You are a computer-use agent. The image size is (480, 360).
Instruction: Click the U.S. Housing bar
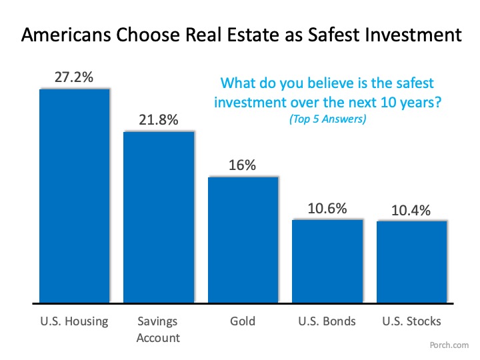[x=74, y=195]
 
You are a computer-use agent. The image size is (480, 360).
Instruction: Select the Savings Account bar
[x=159, y=217]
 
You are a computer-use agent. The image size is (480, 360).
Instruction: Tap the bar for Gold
[x=243, y=239]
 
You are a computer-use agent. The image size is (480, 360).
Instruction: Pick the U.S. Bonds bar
[x=327, y=260]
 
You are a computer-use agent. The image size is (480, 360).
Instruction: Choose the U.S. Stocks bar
[x=411, y=261]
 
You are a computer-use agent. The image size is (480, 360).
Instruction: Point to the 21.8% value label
[x=159, y=120]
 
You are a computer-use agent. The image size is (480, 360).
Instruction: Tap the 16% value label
[x=243, y=165]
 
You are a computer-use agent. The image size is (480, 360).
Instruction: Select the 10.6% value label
[x=327, y=208]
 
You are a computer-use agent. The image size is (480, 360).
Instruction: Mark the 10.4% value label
[x=411, y=209]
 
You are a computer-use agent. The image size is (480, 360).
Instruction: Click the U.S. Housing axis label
[x=74, y=321]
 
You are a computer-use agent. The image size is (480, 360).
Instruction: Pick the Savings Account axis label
[x=159, y=329]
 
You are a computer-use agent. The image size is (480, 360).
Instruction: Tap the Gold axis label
[x=243, y=321]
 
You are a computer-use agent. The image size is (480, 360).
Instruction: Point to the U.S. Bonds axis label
[x=327, y=321]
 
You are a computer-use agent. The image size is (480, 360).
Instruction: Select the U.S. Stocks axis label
[x=411, y=321]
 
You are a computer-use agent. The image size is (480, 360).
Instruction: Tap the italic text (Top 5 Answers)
[x=327, y=120]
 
